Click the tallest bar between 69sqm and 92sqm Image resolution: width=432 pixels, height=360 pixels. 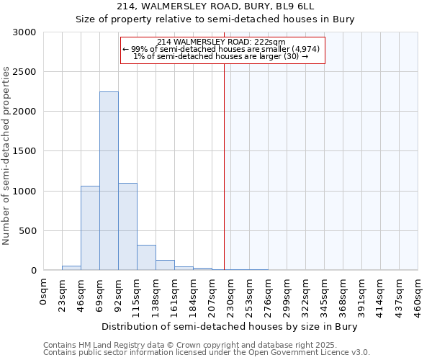click(x=109, y=181)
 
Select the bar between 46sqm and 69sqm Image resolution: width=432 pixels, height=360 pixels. click(x=90, y=228)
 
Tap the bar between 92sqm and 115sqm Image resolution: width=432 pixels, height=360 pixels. click(x=127, y=227)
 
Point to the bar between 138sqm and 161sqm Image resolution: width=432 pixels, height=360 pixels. click(x=165, y=265)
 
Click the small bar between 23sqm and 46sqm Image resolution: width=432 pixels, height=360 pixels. click(x=71, y=268)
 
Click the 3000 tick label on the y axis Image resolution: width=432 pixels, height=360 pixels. click(x=24, y=32)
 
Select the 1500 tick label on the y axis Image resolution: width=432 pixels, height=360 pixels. click(x=24, y=151)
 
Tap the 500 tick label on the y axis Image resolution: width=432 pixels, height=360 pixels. click(x=27, y=231)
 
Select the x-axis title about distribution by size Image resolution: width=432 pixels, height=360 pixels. click(x=230, y=326)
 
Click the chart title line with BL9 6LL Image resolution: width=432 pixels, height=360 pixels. click(x=215, y=6)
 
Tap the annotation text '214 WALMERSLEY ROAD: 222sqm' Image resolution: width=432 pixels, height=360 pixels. click(x=222, y=42)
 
